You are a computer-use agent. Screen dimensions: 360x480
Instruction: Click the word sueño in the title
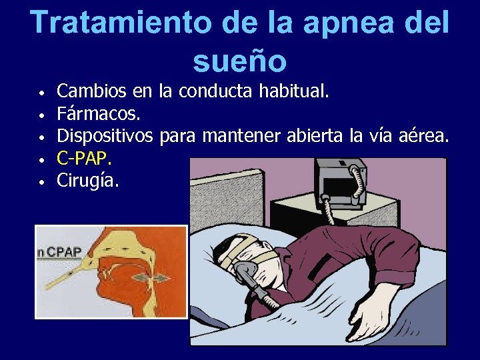click(x=239, y=61)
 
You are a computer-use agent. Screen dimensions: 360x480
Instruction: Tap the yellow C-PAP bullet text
click(x=84, y=159)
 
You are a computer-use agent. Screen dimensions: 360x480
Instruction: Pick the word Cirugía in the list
click(x=88, y=180)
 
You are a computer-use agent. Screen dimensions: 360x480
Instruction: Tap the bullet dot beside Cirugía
click(x=41, y=181)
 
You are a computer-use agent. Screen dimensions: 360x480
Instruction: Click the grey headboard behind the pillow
click(x=213, y=200)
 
